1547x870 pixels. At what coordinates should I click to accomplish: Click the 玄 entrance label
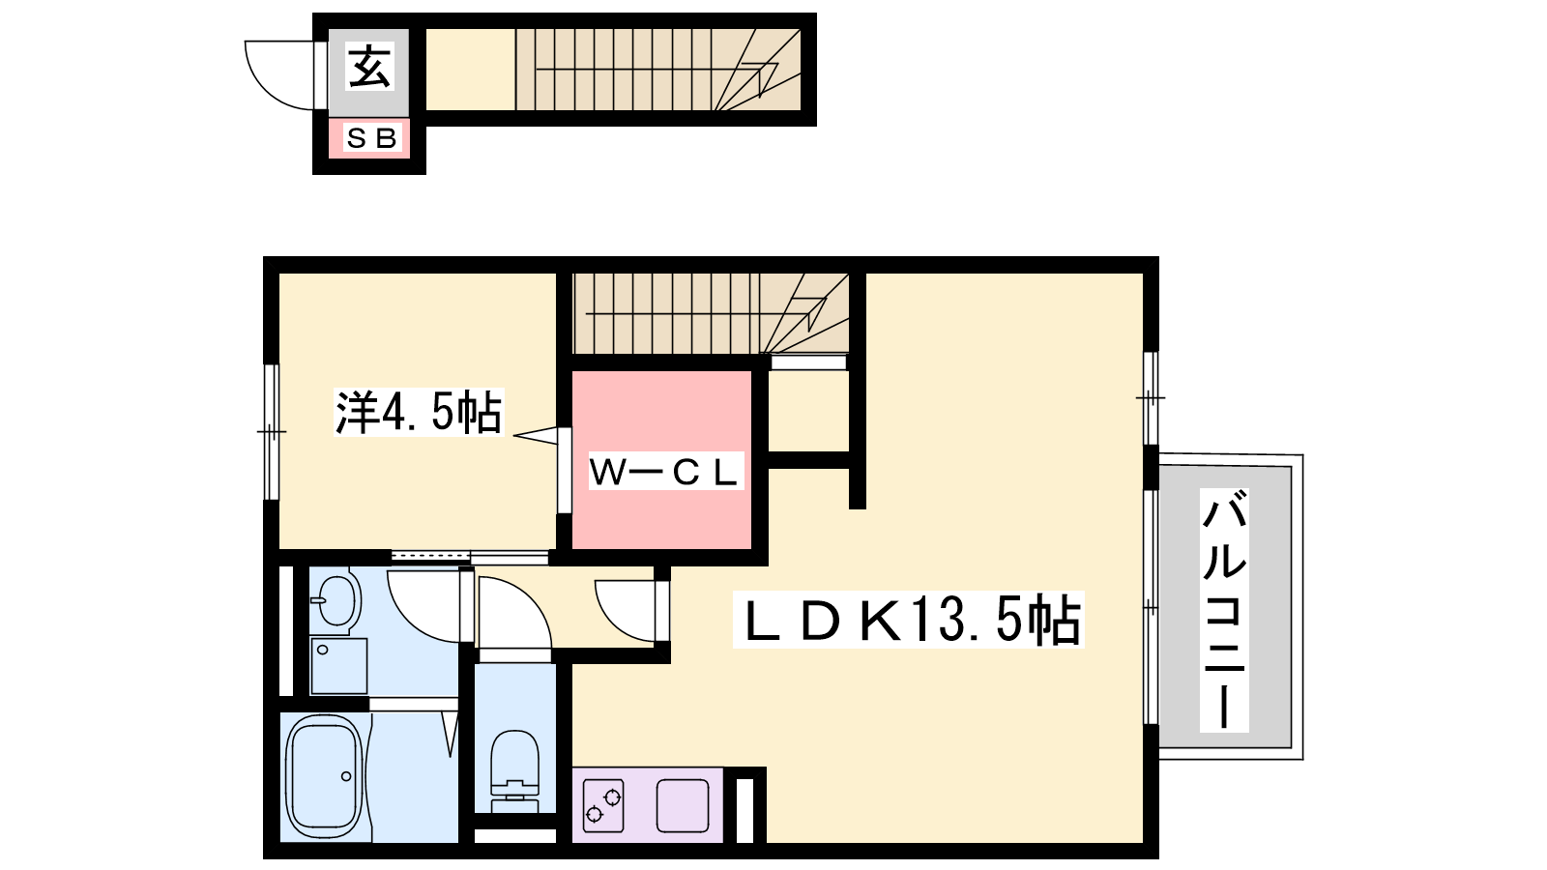click(x=370, y=67)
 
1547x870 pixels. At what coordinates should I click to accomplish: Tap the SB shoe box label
click(x=371, y=138)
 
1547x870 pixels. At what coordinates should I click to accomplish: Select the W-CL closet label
click(x=665, y=472)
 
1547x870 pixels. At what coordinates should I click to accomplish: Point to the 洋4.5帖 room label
click(x=419, y=412)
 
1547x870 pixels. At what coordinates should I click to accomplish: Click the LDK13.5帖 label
click(x=909, y=620)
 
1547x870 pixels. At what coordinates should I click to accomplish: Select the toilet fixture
click(x=514, y=769)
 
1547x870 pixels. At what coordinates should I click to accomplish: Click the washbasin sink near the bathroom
click(x=337, y=600)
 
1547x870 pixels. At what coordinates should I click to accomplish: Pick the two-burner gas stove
click(x=603, y=805)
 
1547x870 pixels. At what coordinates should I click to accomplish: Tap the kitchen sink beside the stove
click(x=683, y=805)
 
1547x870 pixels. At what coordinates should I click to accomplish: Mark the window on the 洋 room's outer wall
click(x=272, y=431)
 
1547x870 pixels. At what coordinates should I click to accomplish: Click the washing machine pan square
click(x=338, y=666)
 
